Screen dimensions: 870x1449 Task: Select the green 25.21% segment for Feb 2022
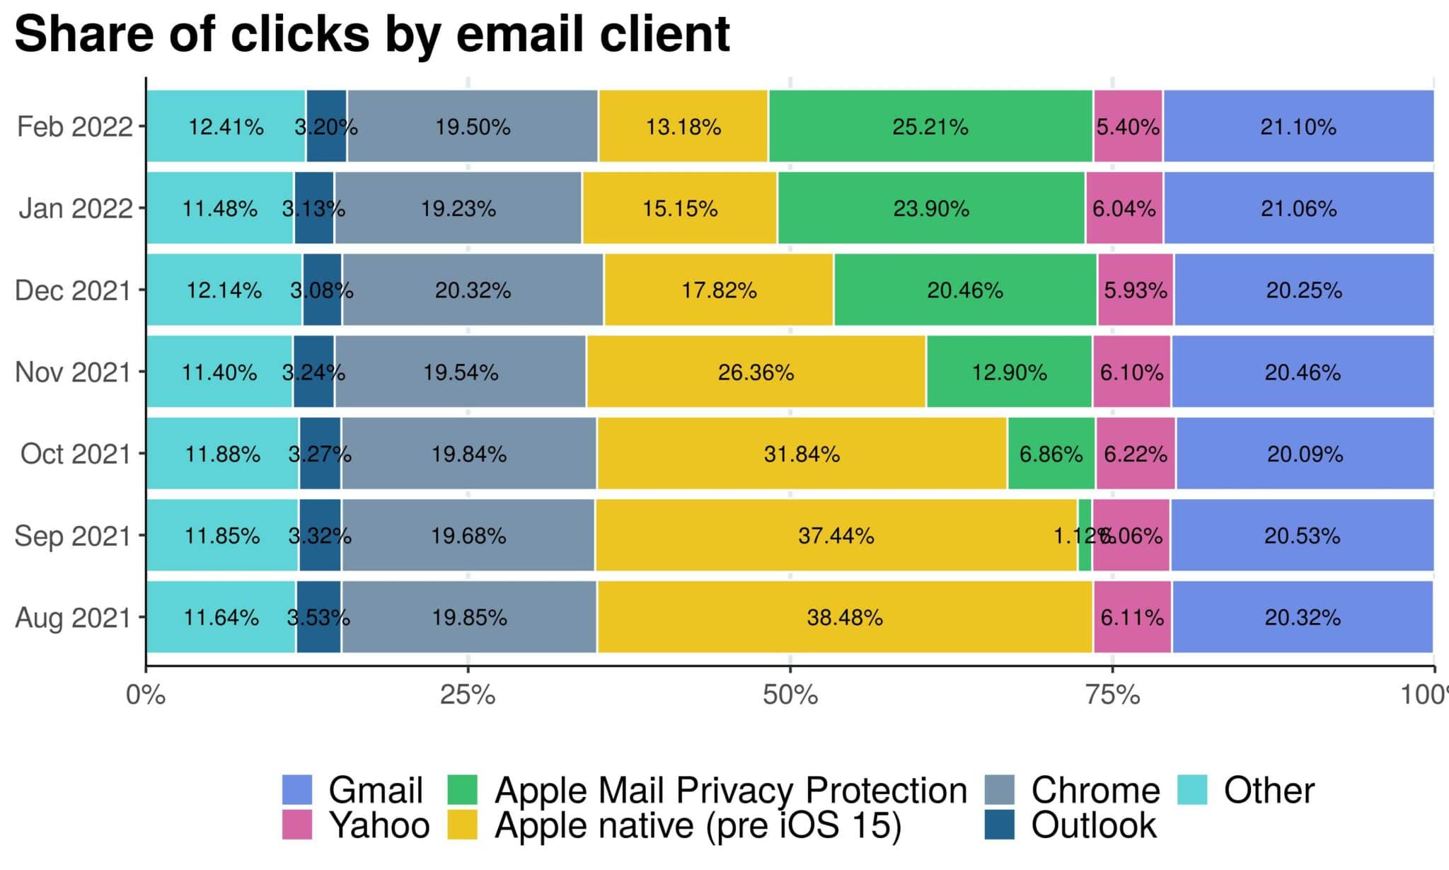point(930,127)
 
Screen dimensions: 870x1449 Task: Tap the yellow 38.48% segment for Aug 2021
point(845,617)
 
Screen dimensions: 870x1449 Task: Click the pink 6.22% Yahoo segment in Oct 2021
point(1136,454)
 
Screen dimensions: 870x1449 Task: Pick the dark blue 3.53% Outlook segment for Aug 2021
point(318,617)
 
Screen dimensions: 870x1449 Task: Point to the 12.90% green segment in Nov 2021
point(1009,372)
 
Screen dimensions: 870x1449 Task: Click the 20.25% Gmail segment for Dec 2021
point(1303,290)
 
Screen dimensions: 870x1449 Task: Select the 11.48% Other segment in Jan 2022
point(219,209)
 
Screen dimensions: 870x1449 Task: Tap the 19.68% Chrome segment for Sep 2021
point(468,536)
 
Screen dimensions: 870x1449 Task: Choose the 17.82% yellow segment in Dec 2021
point(719,290)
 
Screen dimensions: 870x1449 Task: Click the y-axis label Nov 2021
point(73,372)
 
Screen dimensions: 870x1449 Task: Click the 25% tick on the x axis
point(468,695)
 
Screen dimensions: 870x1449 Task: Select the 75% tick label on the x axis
point(1112,695)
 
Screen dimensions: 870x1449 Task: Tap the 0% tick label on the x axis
point(146,695)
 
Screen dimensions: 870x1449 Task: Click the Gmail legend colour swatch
point(297,790)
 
